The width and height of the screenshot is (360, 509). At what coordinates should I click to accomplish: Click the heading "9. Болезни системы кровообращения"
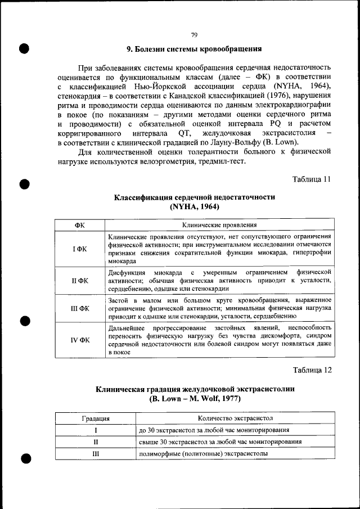pos(194,49)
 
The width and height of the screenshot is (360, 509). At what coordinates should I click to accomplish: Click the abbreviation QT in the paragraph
pos(184,133)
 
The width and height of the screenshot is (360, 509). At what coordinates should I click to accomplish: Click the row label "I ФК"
pos(79,249)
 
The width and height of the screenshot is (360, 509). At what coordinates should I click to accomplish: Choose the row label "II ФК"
pos(79,280)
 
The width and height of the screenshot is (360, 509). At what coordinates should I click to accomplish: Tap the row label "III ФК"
pos(79,308)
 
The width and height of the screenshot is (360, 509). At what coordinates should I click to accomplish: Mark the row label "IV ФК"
pos(79,340)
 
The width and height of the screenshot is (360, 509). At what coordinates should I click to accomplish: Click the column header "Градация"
pos(95,418)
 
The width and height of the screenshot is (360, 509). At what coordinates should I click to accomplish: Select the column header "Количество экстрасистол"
pos(235,418)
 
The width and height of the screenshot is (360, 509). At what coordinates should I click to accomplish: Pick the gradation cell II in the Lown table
pos(95,442)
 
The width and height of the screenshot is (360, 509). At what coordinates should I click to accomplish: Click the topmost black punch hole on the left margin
pos(24,47)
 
